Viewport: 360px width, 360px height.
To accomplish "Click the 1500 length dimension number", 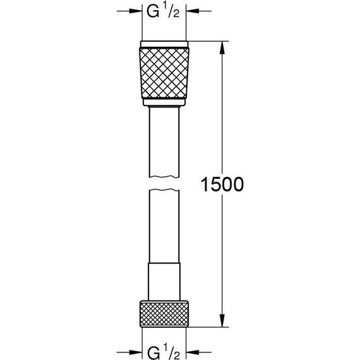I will [x=221, y=184].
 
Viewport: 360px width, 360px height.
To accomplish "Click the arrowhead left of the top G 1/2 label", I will [x=135, y=11].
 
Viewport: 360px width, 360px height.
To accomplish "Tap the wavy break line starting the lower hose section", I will [x=165, y=189].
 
